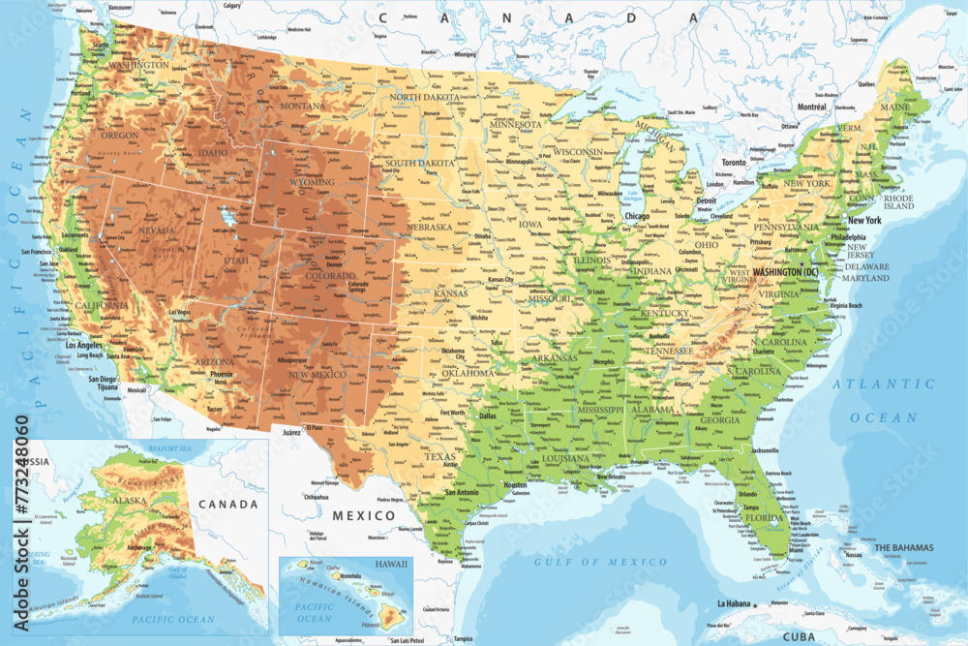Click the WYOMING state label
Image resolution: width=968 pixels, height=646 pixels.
pyautogui.click(x=313, y=182)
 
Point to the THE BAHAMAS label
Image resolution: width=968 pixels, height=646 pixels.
pyautogui.click(x=904, y=548)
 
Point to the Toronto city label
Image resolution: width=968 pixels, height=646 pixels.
pyautogui.click(x=734, y=163)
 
